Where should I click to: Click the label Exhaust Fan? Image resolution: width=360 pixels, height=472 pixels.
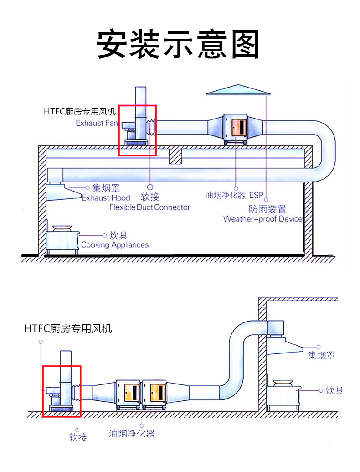pos(97,123)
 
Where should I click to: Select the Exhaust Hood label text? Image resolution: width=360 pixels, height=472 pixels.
pos(106,197)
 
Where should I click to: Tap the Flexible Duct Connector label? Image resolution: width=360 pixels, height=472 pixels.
pos(149,207)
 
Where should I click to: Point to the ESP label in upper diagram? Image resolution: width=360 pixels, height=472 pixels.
pos(256,196)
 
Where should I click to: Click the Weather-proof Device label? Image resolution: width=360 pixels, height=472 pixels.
pos(262,219)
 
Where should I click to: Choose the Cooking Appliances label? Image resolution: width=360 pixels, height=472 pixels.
pos(115,245)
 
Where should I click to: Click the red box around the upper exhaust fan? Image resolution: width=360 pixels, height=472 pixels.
pos(138,130)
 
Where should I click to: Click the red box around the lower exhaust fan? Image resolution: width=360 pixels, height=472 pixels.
pos(62,391)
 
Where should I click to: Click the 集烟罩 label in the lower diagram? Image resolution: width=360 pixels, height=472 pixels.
pos(321,355)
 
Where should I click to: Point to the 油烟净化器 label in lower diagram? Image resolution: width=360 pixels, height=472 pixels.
pos(131,433)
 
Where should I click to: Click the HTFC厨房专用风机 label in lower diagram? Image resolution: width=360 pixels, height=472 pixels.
pos(68,328)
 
